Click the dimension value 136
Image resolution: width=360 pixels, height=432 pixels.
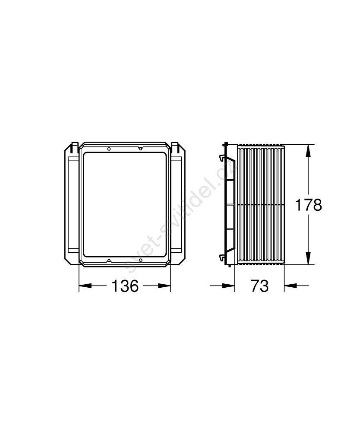(x=125, y=286)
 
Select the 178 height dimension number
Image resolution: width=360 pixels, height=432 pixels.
(x=308, y=205)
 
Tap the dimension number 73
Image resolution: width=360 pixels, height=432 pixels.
(x=259, y=286)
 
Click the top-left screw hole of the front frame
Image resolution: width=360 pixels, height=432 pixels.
(x=109, y=149)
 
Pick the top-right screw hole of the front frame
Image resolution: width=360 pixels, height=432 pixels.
(x=140, y=149)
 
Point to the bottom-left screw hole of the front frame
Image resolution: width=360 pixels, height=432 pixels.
(x=109, y=260)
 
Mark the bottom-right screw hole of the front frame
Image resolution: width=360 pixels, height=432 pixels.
(x=140, y=260)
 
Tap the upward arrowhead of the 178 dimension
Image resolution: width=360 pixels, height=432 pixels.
(x=308, y=151)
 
